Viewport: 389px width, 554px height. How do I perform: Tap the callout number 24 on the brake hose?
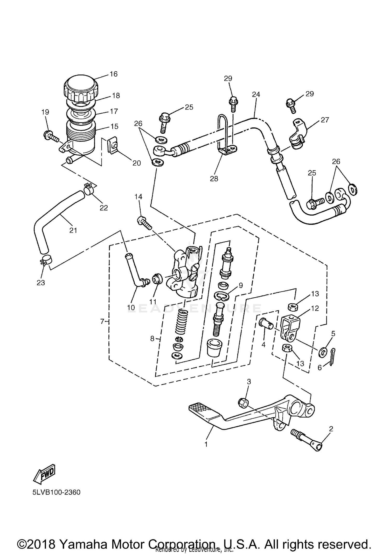point(256,94)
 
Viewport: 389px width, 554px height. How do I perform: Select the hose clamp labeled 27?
point(298,135)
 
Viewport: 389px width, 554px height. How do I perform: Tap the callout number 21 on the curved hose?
point(73,230)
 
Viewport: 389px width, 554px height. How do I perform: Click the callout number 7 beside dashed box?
point(102,322)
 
